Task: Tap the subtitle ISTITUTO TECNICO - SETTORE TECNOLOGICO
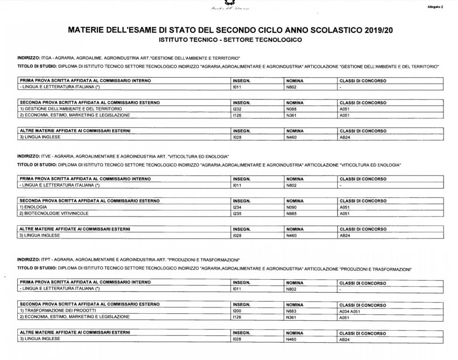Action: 230,40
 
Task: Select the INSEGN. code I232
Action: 237,109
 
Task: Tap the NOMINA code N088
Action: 291,109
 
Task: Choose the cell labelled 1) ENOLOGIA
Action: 33,207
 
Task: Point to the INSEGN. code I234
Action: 237,207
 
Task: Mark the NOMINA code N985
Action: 291,214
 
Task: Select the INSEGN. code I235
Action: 237,214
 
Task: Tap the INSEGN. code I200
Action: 237,310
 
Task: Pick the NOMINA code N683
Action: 291,311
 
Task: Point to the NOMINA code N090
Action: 291,207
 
